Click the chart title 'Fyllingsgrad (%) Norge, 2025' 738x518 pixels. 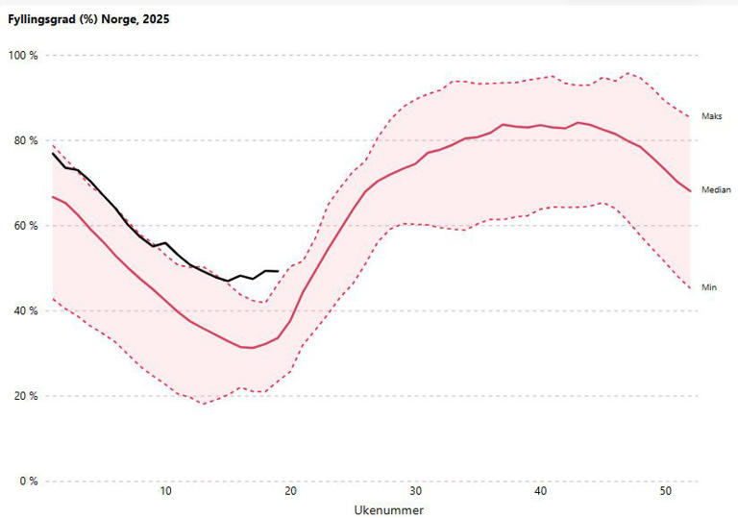point(87,19)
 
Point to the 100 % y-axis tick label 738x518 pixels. point(22,56)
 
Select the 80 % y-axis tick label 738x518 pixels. point(24,141)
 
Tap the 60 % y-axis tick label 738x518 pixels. point(24,226)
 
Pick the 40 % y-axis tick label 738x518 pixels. point(24,311)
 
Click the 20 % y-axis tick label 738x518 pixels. point(24,396)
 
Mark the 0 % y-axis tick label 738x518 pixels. point(27,481)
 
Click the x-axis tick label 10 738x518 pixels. point(165,493)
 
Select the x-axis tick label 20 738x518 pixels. point(290,493)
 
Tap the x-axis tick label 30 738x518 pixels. point(415,493)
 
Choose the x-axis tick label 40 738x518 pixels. point(540,493)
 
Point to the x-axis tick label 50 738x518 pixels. point(665,493)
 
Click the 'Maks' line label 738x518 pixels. point(711,117)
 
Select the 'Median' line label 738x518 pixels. point(716,190)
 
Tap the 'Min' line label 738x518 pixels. point(709,287)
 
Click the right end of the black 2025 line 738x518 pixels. point(278,271)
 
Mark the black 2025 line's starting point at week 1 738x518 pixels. point(53,154)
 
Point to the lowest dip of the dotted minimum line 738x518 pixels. point(203,403)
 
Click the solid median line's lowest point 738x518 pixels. point(253,347)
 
